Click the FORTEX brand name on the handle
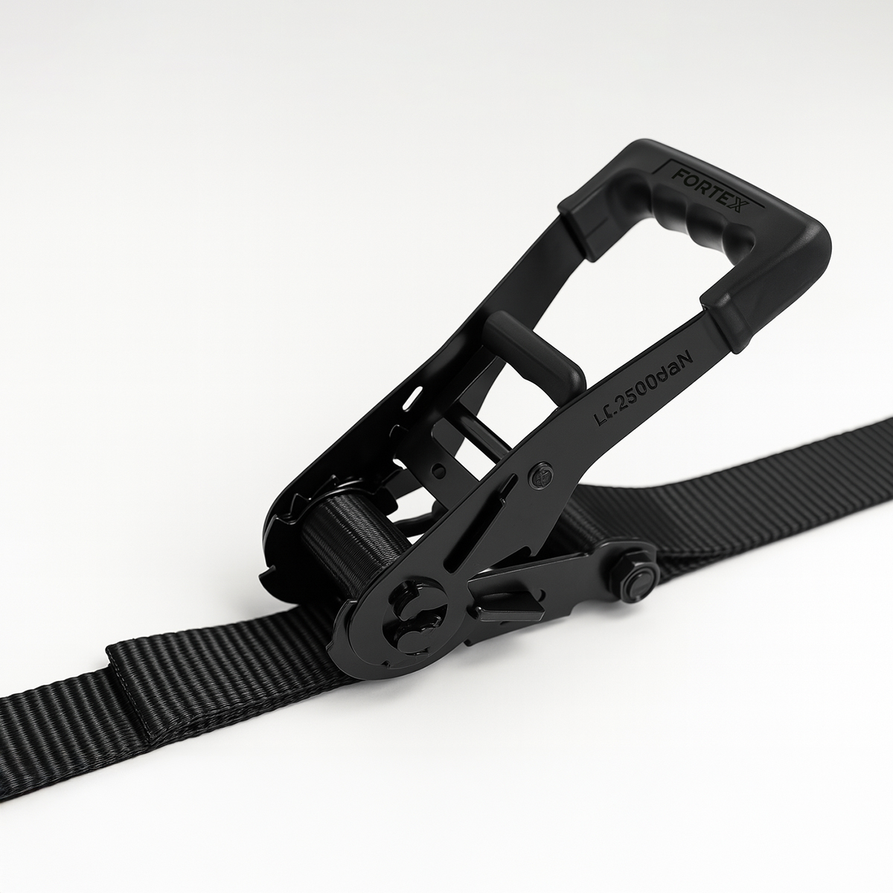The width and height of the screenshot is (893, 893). [x=708, y=189]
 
